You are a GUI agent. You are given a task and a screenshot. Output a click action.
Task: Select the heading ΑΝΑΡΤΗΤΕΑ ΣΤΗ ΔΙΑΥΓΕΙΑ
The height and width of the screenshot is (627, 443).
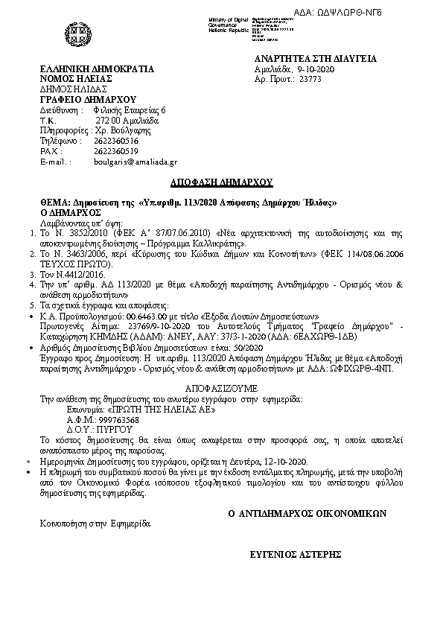pyautogui.click(x=315, y=59)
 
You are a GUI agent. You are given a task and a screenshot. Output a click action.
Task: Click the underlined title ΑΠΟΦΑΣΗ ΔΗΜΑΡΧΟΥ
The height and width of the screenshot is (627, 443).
pyautogui.click(x=221, y=182)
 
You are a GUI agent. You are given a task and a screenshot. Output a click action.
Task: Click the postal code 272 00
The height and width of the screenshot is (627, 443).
pyautogui.click(x=106, y=120)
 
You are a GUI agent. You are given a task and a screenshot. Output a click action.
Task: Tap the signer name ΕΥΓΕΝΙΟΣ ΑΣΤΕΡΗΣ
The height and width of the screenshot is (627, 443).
pyautogui.click(x=296, y=554)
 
